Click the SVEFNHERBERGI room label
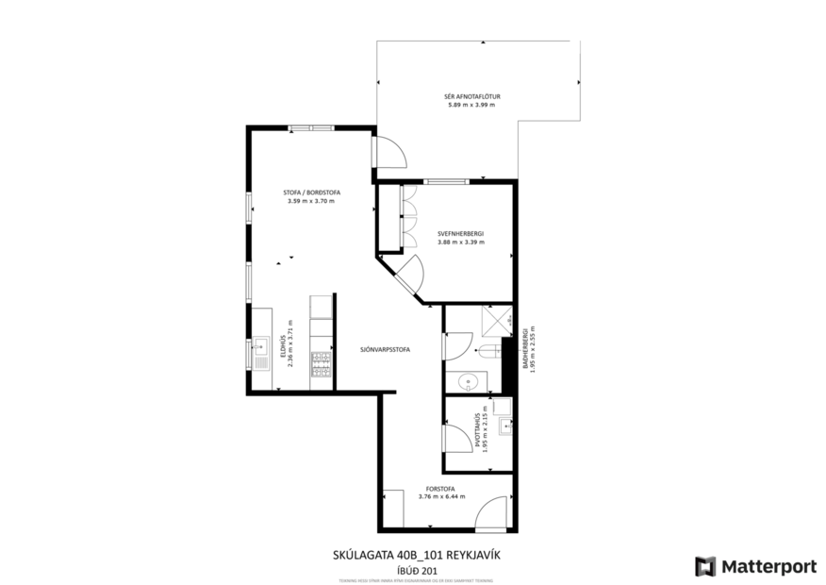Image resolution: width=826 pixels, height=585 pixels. [460, 233]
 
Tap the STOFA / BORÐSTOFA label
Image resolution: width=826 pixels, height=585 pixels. [311, 192]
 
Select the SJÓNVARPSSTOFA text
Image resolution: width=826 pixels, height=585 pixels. [385, 349]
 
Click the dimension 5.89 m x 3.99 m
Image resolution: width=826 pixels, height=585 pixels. [471, 105]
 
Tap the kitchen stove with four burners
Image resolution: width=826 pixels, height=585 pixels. [322, 359]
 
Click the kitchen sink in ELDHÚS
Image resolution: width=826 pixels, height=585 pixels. [260, 352]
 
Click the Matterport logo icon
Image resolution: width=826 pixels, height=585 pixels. [705, 566]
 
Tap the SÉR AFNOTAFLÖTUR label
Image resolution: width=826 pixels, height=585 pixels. [471, 96]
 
